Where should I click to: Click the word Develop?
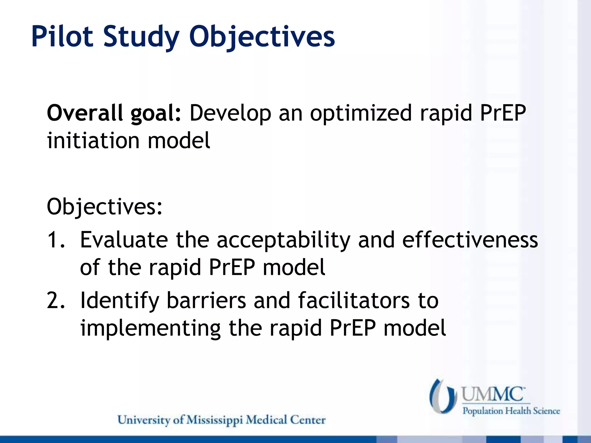230,114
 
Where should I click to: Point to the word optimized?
361,114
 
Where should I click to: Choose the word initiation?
93,140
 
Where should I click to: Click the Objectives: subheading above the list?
104,207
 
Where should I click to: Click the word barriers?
206,300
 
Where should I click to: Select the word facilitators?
354,300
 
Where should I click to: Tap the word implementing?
150,329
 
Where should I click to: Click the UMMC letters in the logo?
492,394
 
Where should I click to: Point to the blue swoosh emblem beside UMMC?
443,396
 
